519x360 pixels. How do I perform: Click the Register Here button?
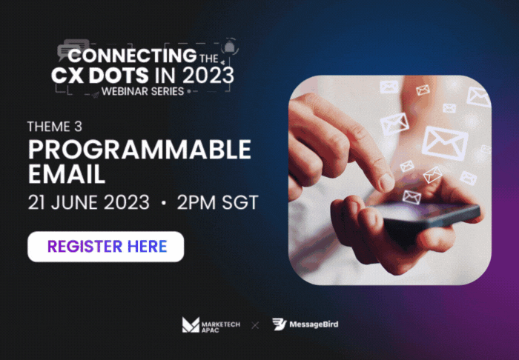click(105, 247)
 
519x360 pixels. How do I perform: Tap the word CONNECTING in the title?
click(132, 56)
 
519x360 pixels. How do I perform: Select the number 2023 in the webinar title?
click(208, 76)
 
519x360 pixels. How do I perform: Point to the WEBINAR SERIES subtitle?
click(142, 91)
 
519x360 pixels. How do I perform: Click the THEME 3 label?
click(55, 127)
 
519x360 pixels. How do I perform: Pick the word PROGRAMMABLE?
click(139, 150)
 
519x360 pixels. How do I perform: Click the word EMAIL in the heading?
click(67, 174)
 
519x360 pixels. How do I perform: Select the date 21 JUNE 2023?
click(89, 202)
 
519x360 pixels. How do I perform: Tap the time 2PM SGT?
click(217, 202)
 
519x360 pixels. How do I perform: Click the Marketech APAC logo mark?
click(191, 324)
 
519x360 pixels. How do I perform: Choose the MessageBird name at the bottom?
click(314, 324)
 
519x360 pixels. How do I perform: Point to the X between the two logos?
click(255, 325)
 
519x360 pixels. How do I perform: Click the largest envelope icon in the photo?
click(445, 143)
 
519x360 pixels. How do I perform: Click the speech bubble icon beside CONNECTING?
click(73, 49)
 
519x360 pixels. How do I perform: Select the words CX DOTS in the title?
click(99, 76)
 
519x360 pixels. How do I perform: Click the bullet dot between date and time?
click(163, 203)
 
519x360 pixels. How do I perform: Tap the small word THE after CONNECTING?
click(209, 59)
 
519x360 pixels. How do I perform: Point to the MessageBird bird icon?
click(279, 324)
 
